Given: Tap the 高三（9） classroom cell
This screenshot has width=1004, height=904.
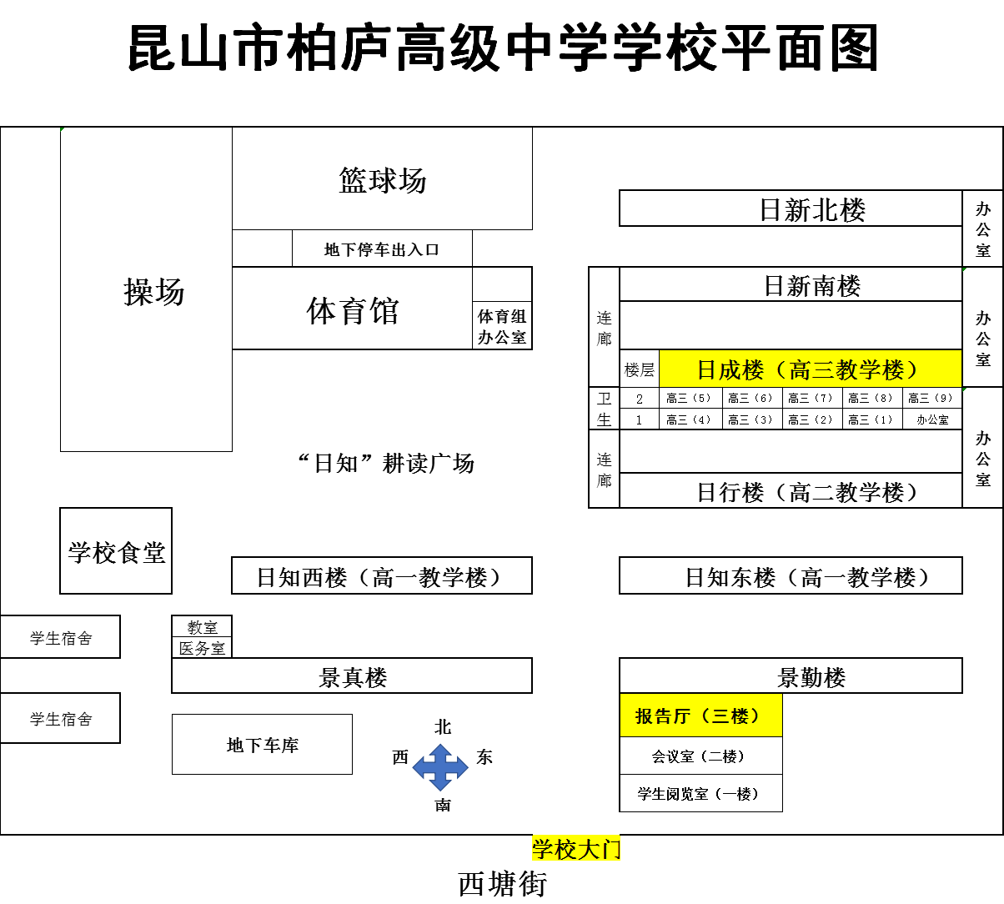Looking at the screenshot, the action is coord(932,398).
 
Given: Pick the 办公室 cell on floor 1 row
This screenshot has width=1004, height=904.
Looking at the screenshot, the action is coord(932,419).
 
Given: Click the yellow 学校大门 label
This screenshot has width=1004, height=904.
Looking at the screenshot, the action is coord(576,848).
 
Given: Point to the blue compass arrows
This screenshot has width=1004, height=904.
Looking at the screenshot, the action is coord(440,767).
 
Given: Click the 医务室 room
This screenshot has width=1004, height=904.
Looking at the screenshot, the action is coord(202,648).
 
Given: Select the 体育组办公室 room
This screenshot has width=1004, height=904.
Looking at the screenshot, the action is coord(502,326).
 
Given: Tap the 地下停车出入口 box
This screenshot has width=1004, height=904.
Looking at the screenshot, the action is coord(382,249).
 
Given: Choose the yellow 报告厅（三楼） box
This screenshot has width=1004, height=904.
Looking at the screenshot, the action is coord(700,716).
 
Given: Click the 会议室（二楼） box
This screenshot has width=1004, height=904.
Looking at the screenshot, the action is coord(700,756).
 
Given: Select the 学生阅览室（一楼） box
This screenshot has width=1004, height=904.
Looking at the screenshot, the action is coord(700,793).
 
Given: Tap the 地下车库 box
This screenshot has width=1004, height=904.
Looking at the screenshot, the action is coord(263,745).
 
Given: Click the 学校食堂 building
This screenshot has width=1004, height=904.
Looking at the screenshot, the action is coord(116,551).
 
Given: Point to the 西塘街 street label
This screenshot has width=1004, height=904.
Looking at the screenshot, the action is coord(502,883).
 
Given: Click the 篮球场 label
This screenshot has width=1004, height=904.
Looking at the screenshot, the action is coord(383,180).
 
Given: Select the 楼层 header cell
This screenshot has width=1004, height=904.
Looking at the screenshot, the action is coord(639,369).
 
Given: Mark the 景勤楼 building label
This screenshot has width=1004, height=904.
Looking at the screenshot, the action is coord(811,678).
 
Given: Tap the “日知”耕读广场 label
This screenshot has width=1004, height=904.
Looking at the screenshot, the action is coord(386,463).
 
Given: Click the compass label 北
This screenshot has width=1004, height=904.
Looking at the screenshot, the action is coord(443,727).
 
